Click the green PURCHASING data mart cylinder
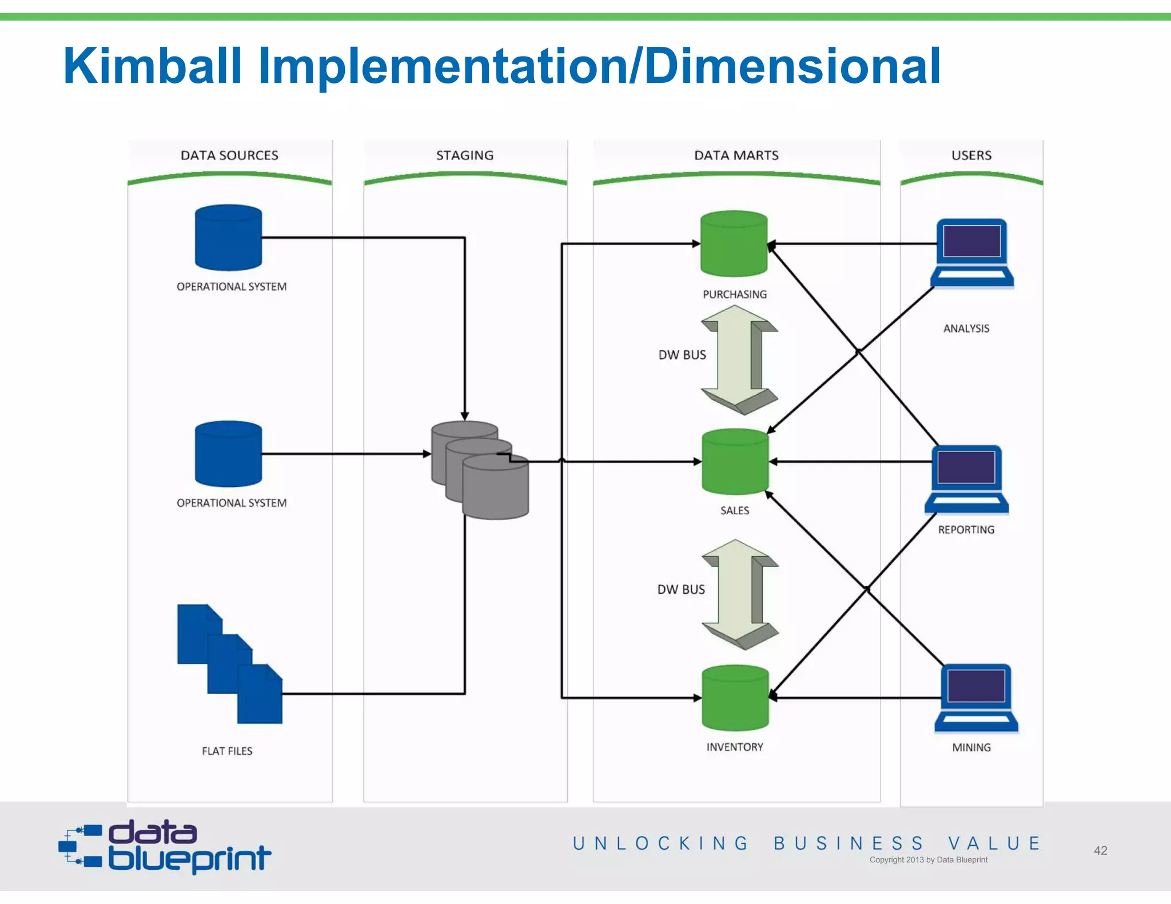(734, 244)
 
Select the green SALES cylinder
(735, 462)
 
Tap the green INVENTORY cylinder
(735, 698)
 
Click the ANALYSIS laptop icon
(971, 253)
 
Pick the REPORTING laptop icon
(966, 479)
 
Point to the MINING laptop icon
(976, 698)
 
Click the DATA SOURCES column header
(229, 155)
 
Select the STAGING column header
(465, 155)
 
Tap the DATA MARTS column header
(736, 155)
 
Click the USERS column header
(971, 155)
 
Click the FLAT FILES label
(227, 751)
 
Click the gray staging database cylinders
(480, 470)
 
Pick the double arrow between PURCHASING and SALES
(739, 360)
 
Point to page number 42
(1100, 850)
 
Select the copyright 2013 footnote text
(928, 859)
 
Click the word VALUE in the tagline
(994, 843)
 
